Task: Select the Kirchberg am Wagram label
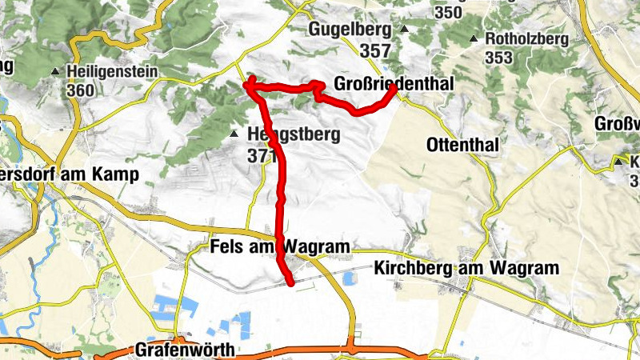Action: point(466,269)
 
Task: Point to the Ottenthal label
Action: point(463,145)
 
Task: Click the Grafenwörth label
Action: point(185,350)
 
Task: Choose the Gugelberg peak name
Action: point(350,30)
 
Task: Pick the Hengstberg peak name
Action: point(295,134)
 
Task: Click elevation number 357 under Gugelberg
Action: point(375,50)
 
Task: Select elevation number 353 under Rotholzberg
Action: point(498,58)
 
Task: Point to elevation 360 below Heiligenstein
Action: point(81,90)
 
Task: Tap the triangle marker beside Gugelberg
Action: point(404,30)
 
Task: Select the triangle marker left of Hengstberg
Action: point(234,134)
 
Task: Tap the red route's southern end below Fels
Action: point(290,282)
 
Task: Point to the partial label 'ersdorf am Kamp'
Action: point(70,174)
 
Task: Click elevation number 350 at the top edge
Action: point(448,13)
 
